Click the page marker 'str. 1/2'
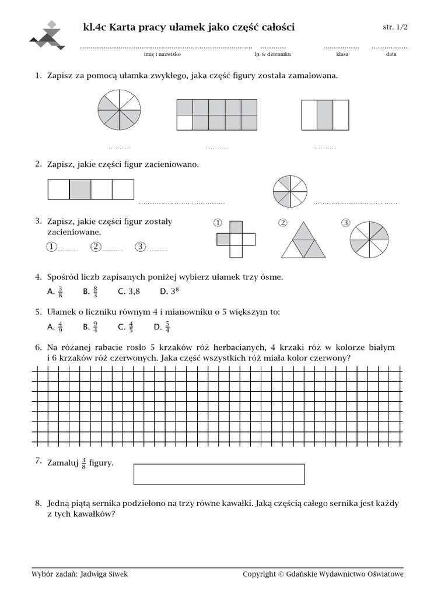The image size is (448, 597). (395, 27)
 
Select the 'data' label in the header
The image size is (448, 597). (390, 54)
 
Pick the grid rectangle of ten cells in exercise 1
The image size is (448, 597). (216, 115)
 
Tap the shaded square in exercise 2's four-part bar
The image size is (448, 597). (80, 189)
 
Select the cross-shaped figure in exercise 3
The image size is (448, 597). (236, 239)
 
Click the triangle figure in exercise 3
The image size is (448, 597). (303, 240)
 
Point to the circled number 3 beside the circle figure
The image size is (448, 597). (345, 223)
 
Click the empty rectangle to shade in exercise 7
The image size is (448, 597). (219, 474)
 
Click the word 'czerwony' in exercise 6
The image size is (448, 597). (329, 358)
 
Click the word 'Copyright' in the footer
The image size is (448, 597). (260, 574)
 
